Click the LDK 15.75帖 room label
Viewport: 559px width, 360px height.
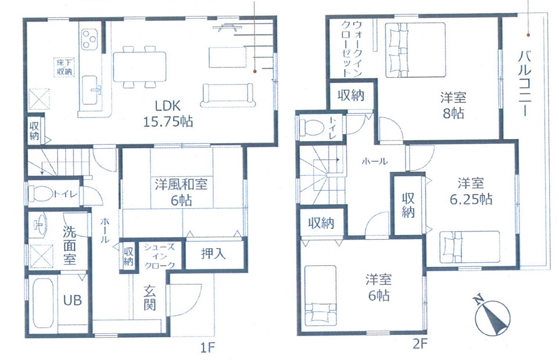[x=167, y=114]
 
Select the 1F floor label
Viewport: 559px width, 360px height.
[x=207, y=347]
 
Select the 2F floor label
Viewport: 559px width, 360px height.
[x=420, y=344]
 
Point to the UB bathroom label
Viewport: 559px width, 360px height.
[x=73, y=301]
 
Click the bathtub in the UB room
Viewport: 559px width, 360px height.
[x=43, y=303]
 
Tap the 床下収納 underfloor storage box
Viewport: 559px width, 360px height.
[x=64, y=67]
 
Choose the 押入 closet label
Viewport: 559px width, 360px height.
[x=213, y=254]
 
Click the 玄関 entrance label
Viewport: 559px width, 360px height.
[x=150, y=298]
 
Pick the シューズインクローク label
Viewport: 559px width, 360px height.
[x=159, y=256]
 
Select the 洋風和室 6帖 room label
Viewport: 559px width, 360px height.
[x=181, y=193]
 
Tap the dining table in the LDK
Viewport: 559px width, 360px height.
[x=139, y=67]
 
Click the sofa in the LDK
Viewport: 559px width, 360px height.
[x=228, y=95]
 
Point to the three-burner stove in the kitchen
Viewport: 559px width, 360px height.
[x=89, y=39]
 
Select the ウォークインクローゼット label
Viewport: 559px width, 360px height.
[x=352, y=48]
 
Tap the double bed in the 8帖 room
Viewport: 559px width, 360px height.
[x=415, y=50]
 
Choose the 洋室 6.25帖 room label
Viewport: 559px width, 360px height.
[x=471, y=191]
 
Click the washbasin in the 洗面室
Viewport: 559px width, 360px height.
[x=40, y=224]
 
